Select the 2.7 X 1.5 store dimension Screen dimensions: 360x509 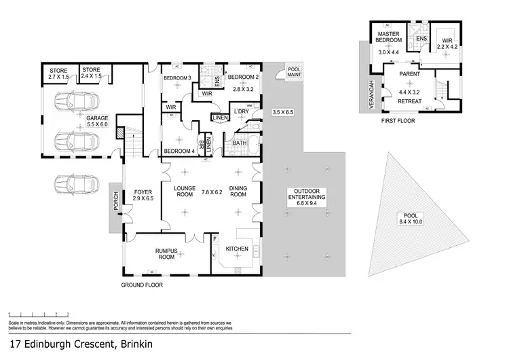pyautogui.click(x=58, y=77)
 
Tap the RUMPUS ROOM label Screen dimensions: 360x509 pyautogui.click(x=167, y=255)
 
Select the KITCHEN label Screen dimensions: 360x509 pyautogui.click(x=237, y=249)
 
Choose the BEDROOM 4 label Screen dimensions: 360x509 pyautogui.click(x=179, y=151)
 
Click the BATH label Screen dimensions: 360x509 pyautogui.click(x=240, y=143)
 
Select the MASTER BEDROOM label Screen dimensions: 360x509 pyautogui.click(x=390, y=36)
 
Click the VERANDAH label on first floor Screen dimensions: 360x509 pyautogui.click(x=371, y=91)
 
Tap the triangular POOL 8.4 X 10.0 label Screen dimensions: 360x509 pyautogui.click(x=411, y=218)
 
